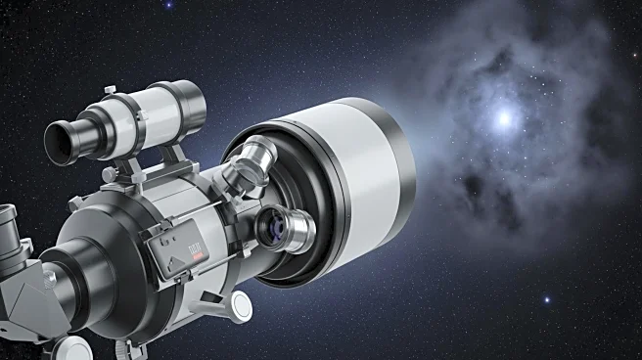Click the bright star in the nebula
click(x=504, y=118)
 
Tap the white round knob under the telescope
click(x=241, y=306)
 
